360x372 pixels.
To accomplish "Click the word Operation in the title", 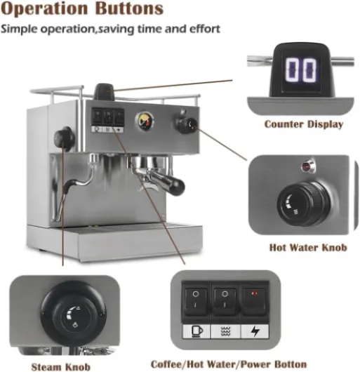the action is point(44,9).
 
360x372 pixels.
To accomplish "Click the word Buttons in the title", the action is point(130,8).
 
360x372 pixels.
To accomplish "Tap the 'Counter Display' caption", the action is point(304,124).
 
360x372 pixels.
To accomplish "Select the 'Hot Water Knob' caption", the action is point(308,248).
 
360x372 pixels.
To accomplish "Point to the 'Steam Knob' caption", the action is point(61,367).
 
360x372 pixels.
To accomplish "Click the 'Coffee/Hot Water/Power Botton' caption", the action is point(229,364).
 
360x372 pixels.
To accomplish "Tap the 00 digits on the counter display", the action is point(301,69).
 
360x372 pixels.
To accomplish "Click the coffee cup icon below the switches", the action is point(196,331).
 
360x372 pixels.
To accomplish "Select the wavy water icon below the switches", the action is point(225,331).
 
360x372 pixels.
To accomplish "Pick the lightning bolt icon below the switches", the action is point(255,331).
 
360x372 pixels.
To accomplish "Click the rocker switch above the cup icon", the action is point(195,302).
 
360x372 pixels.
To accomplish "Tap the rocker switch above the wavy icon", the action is point(225,302).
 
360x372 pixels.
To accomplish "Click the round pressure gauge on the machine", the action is point(145,121).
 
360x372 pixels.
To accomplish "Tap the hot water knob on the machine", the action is point(187,125).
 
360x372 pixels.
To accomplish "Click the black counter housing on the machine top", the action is point(104,92).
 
